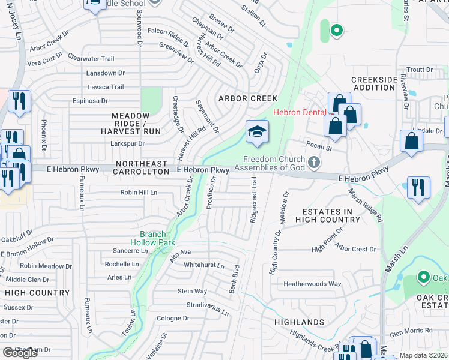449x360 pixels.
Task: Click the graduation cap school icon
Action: pyautogui.click(x=257, y=133)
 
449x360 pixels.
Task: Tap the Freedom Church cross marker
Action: pyautogui.click(x=313, y=163)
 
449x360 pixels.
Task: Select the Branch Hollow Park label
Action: pyautogui.click(x=157, y=238)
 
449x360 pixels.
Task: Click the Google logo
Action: pyautogui.click(x=20, y=353)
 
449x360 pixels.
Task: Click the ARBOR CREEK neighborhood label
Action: pyautogui.click(x=247, y=98)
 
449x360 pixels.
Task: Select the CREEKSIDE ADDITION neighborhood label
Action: pyautogui.click(x=373, y=83)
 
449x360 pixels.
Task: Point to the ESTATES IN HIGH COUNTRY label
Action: pyautogui.click(x=327, y=216)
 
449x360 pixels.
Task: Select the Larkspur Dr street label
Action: pyautogui.click(x=127, y=143)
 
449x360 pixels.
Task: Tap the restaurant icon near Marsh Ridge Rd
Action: pyautogui.click(x=418, y=188)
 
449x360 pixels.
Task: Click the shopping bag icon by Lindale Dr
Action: pyautogui.click(x=412, y=142)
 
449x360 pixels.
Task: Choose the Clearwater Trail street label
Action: pyautogui.click(x=91, y=58)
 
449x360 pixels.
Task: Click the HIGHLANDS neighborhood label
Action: pyautogui.click(x=299, y=322)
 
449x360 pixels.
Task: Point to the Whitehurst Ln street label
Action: pyautogui.click(x=204, y=265)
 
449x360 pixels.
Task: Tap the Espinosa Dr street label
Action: pyautogui.click(x=89, y=101)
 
